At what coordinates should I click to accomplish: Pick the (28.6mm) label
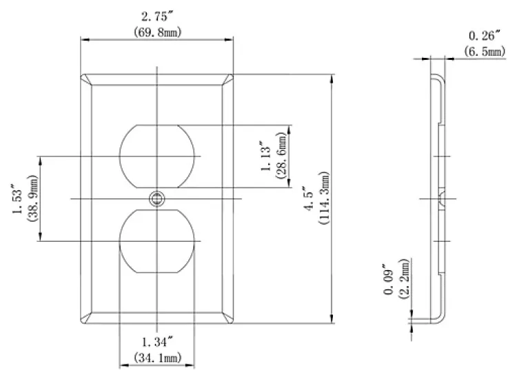tap(283, 156)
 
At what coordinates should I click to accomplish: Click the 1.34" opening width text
tap(156, 342)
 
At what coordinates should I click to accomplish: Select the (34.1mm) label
tap(156, 357)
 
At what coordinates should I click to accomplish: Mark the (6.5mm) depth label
tap(484, 51)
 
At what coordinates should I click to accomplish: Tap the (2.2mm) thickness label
tap(405, 278)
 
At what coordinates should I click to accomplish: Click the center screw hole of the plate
tap(157, 199)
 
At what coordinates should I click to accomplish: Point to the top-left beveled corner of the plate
tap(87, 79)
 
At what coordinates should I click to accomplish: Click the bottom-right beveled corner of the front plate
tap(227, 318)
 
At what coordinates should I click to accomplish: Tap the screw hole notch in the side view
tap(440, 199)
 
